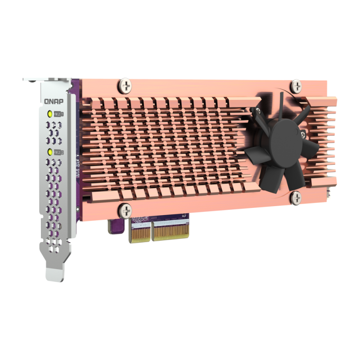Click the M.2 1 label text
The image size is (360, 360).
click(x=58, y=114)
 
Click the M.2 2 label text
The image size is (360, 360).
click(x=58, y=152)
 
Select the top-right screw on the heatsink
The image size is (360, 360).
click(x=296, y=84)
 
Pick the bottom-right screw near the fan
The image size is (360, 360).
click(x=295, y=196)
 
